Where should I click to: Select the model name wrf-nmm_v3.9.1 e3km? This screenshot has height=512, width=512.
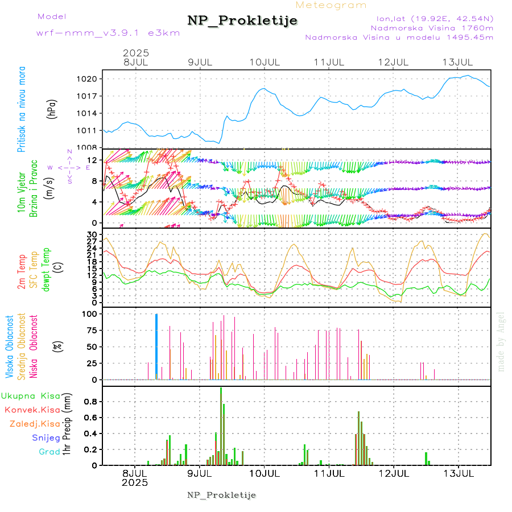tap(108, 32)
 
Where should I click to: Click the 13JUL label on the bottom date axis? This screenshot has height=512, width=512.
tap(459, 473)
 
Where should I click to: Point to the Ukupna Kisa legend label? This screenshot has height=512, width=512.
tap(31, 395)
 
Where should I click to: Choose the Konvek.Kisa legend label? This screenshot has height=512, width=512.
tap(32, 410)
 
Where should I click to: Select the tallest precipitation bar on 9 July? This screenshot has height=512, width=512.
tap(221, 427)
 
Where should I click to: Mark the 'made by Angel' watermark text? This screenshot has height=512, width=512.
tap(501, 341)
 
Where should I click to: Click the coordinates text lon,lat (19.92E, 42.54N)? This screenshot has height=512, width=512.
tap(435, 18)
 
